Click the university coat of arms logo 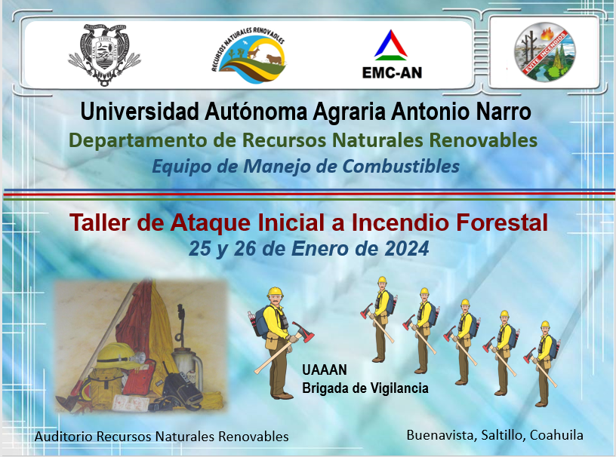tap(104, 54)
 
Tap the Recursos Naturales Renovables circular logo tap(248, 55)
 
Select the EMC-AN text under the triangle tap(392, 72)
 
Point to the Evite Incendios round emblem tap(544, 52)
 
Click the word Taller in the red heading tap(100, 222)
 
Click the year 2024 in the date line tap(407, 249)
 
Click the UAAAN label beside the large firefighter tap(325, 370)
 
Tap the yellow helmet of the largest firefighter tap(275, 292)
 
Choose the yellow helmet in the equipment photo tap(119, 356)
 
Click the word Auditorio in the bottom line tap(63, 437)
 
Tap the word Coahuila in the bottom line tap(556, 435)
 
